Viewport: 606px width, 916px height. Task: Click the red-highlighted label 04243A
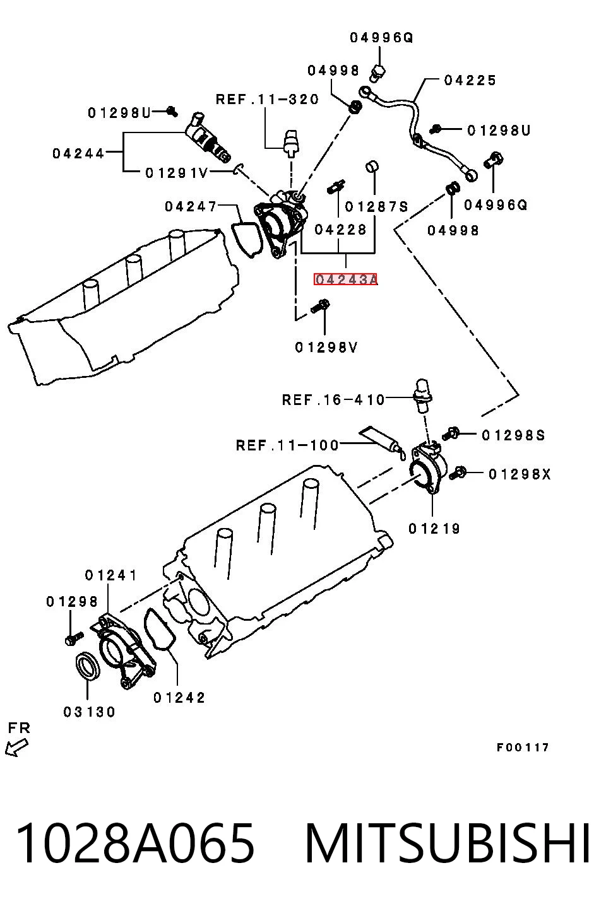click(x=345, y=279)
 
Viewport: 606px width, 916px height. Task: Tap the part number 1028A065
click(x=135, y=843)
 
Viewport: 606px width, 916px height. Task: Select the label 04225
click(x=470, y=80)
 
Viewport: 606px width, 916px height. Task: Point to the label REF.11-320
click(x=267, y=100)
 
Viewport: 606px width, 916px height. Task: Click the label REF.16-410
click(x=333, y=399)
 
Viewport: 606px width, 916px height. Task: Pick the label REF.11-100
click(x=287, y=445)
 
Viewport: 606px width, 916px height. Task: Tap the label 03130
click(x=89, y=712)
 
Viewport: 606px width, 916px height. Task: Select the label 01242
click(x=179, y=697)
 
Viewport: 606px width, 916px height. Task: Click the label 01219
click(x=434, y=529)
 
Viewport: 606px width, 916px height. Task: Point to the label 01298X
click(x=520, y=474)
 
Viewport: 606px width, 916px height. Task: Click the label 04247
click(x=191, y=206)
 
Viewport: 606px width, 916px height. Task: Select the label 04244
click(x=78, y=154)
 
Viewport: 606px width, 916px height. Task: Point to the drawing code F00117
click(x=523, y=748)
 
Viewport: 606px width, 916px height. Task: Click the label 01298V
click(x=326, y=348)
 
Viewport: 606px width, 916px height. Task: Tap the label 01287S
click(x=376, y=206)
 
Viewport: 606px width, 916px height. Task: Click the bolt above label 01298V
click(x=321, y=307)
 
